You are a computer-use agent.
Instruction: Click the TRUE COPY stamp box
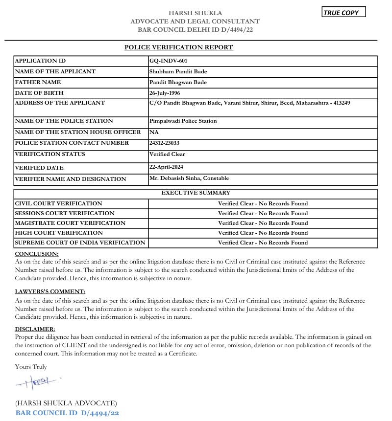tap(344, 13)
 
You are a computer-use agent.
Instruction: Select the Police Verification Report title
tap(179, 47)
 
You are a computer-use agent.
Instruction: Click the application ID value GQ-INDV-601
tap(168, 61)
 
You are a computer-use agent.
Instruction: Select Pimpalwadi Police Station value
tap(183, 121)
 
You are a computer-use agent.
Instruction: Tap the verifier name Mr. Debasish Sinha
tap(174, 178)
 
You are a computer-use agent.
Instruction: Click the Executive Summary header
tap(196, 193)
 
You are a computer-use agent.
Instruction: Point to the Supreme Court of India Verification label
tap(80, 243)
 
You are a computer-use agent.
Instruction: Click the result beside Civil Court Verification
tap(263, 204)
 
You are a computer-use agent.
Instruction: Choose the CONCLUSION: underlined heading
tap(37, 254)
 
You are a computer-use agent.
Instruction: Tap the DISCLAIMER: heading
tap(35, 330)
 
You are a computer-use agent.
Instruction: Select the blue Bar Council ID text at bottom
tap(67, 413)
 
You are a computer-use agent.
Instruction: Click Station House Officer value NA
tap(154, 133)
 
